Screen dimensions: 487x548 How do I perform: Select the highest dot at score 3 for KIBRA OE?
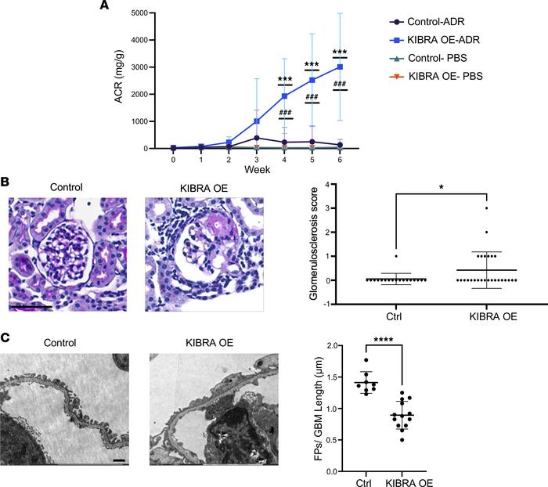(x=486, y=207)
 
